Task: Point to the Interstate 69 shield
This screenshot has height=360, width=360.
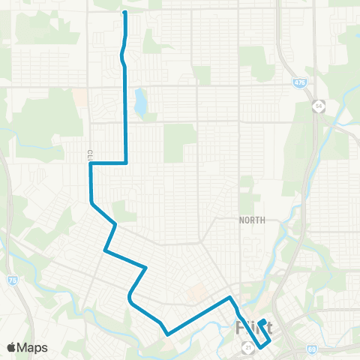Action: click(x=312, y=348)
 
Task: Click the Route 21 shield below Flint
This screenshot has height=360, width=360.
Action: click(x=248, y=347)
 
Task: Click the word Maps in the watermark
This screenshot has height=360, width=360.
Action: click(x=34, y=347)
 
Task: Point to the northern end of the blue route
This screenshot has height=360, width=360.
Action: click(x=124, y=13)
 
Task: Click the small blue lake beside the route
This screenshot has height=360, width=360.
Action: click(x=140, y=103)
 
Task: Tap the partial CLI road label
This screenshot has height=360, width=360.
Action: click(x=88, y=154)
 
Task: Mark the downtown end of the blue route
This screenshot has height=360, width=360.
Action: click(x=263, y=322)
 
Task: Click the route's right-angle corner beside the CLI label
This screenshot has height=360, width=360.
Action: click(x=91, y=163)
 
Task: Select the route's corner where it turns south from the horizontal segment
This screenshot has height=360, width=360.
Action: click(x=126, y=162)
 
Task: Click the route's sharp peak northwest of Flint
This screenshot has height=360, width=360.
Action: click(x=230, y=298)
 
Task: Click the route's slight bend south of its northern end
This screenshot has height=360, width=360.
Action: click(x=122, y=56)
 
